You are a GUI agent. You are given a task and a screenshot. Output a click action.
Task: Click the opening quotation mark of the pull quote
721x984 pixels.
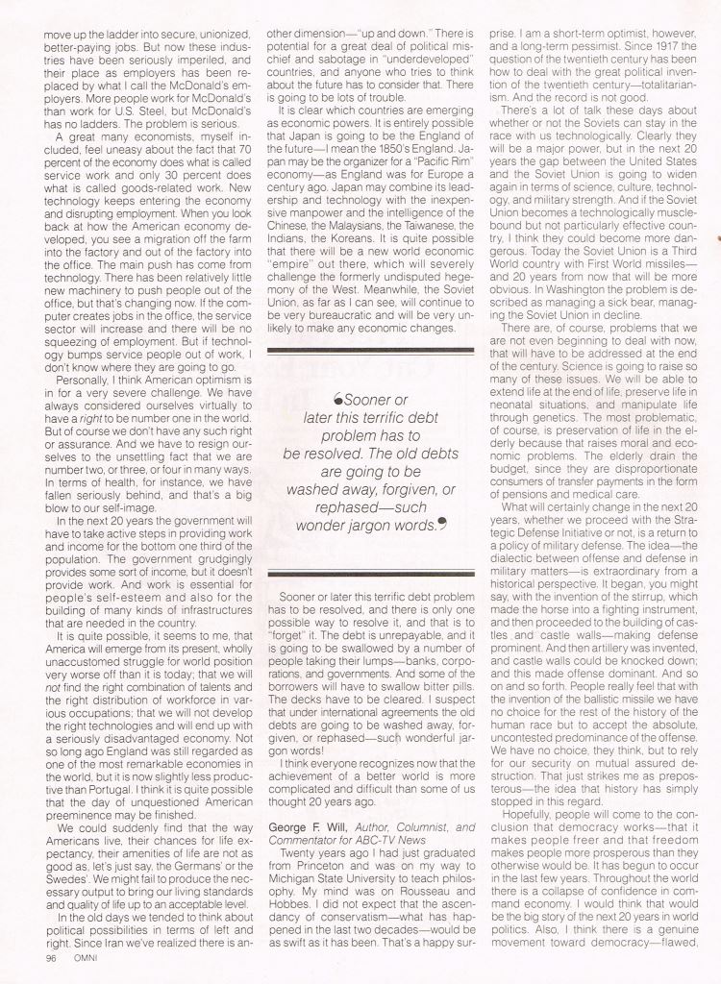336,399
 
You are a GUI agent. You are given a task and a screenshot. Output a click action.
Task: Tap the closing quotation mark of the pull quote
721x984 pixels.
442,524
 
